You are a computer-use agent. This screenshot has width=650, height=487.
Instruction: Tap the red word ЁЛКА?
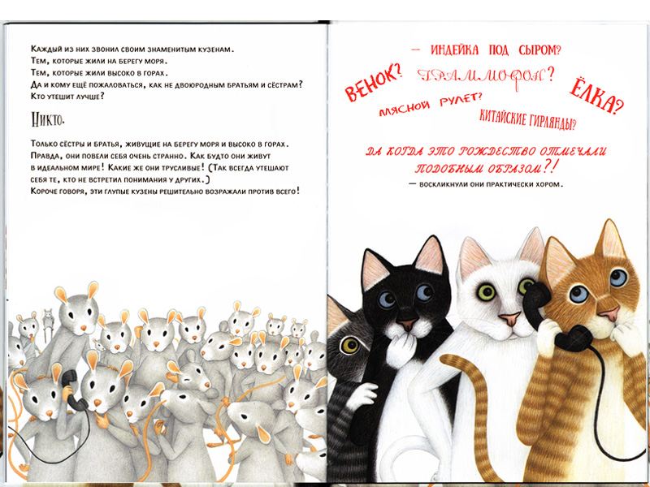tap(596, 95)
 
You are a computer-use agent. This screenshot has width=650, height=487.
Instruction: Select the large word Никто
tap(48, 119)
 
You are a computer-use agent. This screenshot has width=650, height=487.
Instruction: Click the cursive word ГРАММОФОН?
tap(485, 76)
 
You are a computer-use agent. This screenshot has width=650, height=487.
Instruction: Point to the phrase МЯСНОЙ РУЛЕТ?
tap(431, 105)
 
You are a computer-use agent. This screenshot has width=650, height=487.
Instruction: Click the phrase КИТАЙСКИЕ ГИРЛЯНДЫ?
tap(527, 119)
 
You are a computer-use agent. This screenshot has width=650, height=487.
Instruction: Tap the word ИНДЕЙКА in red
tap(454, 50)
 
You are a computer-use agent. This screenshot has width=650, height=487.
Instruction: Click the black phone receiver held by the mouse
tap(73, 390)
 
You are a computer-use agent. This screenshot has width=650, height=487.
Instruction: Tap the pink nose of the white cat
tap(509, 318)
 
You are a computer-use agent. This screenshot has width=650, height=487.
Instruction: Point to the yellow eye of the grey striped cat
tap(349, 346)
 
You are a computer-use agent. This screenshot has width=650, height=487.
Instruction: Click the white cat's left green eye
tap(486, 292)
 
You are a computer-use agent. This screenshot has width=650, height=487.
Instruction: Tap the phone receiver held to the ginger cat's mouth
tap(574, 338)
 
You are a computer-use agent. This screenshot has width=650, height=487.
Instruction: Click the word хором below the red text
tap(551, 184)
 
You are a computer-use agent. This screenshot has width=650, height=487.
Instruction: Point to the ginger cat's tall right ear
tap(609, 239)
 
